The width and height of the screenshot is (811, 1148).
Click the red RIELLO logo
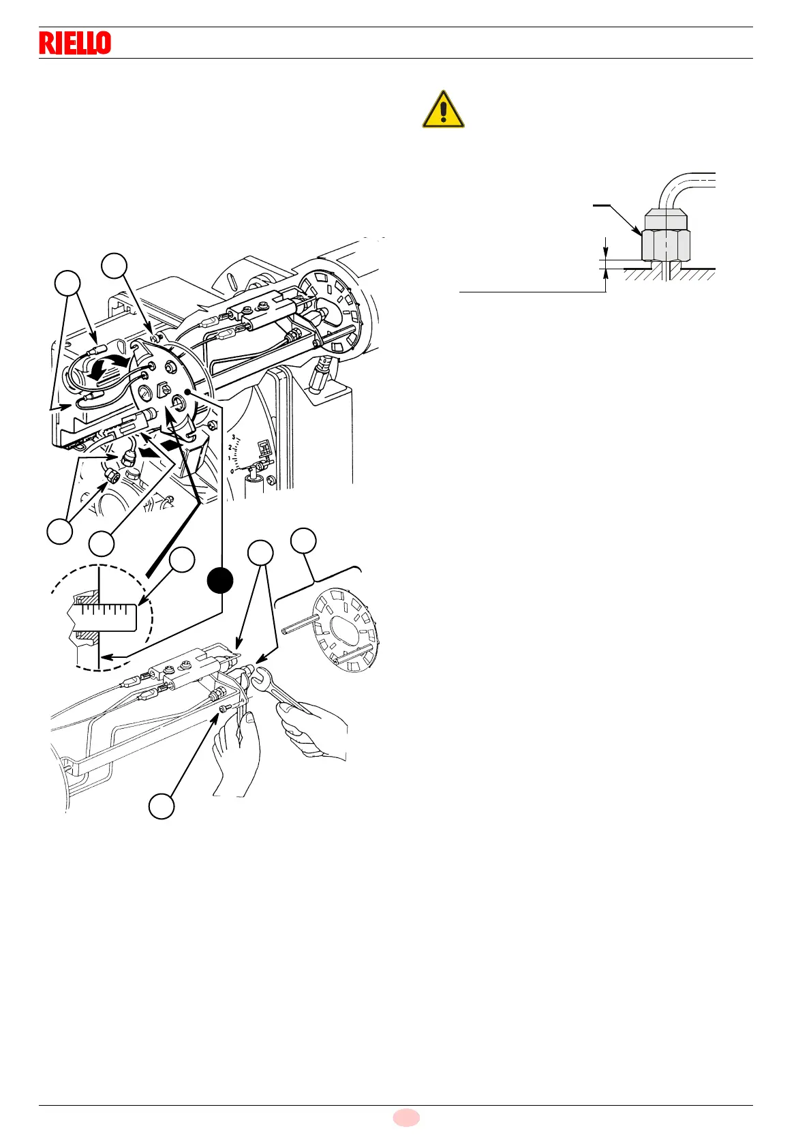(75, 43)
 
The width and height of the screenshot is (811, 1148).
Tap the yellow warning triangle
(443, 110)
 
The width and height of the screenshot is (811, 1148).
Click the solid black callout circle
(221, 581)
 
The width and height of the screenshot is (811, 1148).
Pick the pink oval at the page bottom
(406, 1117)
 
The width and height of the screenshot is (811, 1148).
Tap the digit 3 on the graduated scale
(234, 437)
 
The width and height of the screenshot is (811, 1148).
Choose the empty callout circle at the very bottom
(162, 806)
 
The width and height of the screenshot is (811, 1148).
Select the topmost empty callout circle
(114, 266)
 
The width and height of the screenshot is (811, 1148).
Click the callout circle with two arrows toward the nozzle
(260, 553)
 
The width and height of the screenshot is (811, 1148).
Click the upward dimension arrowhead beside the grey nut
(605, 274)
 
